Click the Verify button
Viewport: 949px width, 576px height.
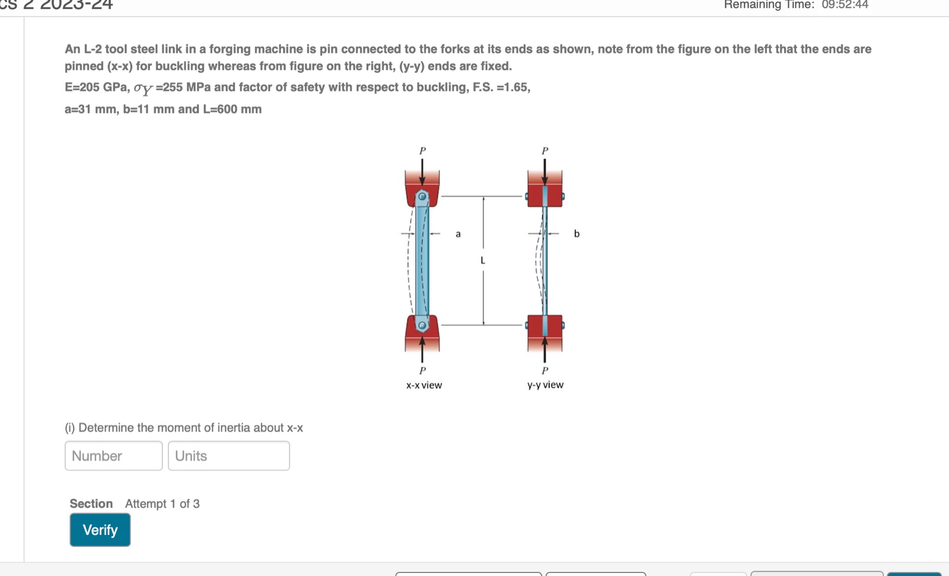[x=100, y=530]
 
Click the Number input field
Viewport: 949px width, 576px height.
[x=113, y=456]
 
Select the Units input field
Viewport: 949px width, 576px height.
[x=228, y=456]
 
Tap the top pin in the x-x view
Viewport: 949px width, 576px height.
[x=422, y=196]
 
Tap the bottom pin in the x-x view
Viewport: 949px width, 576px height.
[x=422, y=325]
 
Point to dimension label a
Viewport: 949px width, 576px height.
[x=458, y=234]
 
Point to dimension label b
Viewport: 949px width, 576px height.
[x=577, y=234]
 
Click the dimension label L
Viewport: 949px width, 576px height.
[x=483, y=260]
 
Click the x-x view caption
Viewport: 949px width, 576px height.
[x=424, y=385]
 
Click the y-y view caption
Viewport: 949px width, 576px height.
[x=545, y=384]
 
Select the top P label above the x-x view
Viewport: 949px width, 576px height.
[x=422, y=151]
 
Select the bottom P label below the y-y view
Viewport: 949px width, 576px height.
[x=545, y=371]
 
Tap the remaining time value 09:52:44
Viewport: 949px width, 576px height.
[x=845, y=5]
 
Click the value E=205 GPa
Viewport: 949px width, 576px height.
[x=97, y=87]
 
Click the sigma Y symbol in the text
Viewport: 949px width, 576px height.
[x=143, y=89]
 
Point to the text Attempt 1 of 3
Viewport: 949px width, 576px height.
[x=162, y=504]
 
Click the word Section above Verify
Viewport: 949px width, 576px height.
[x=91, y=504]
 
